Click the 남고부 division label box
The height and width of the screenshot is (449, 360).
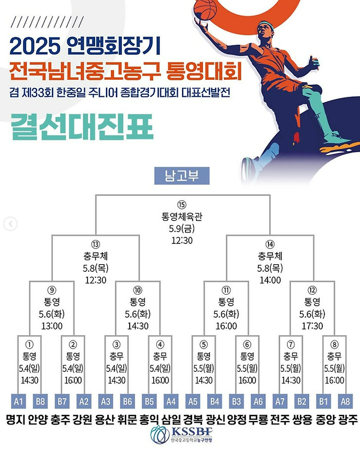[179, 177]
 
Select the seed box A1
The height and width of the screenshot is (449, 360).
[18, 401]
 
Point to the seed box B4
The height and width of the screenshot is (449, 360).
[214, 401]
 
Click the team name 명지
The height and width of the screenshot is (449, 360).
[14, 420]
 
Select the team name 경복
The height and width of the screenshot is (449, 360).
[191, 420]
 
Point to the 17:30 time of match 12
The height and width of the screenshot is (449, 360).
[311, 326]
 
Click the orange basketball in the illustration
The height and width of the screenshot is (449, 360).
[205, 10]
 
